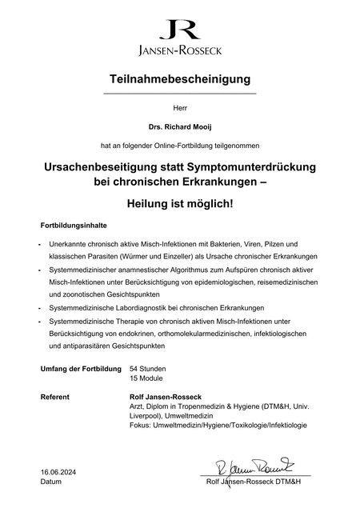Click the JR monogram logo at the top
(180, 30)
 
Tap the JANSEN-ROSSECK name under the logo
(180, 53)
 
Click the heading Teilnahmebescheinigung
(180, 79)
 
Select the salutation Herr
(180, 106)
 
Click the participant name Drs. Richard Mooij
(180, 126)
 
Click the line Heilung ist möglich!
(180, 204)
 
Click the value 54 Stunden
(147, 369)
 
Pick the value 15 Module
(146, 380)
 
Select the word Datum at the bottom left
(50, 482)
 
